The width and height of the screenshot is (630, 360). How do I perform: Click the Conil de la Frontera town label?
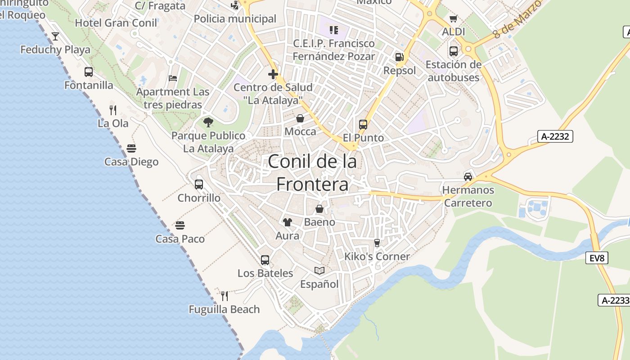(x=312, y=173)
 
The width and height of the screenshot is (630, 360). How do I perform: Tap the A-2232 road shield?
(x=555, y=136)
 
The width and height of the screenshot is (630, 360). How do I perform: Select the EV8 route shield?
(x=597, y=258)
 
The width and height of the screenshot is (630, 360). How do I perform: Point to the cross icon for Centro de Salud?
(x=273, y=74)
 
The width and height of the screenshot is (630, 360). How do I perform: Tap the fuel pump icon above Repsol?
(x=399, y=57)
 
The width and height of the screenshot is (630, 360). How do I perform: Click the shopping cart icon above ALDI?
(x=453, y=19)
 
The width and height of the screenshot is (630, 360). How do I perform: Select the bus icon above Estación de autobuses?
(x=453, y=51)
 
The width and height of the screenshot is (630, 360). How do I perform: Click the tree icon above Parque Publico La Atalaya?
(x=208, y=122)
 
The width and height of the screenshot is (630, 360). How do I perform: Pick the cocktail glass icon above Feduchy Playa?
(x=55, y=36)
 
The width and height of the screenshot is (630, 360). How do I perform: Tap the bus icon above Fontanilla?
(x=89, y=72)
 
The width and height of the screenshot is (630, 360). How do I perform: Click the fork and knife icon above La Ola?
(x=113, y=110)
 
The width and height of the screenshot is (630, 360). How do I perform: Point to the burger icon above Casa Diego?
(x=131, y=148)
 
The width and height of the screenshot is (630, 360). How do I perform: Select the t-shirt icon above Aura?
(x=287, y=222)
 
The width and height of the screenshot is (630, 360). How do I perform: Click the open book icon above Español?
(x=319, y=270)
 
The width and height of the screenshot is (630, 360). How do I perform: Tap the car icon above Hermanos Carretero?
(x=468, y=176)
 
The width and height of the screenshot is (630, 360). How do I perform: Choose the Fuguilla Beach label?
(x=224, y=310)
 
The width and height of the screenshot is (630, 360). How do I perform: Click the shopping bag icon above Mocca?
(x=300, y=118)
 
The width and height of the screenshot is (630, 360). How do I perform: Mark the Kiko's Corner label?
(x=377, y=256)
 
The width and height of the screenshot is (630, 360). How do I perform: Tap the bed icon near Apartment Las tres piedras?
(x=173, y=78)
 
